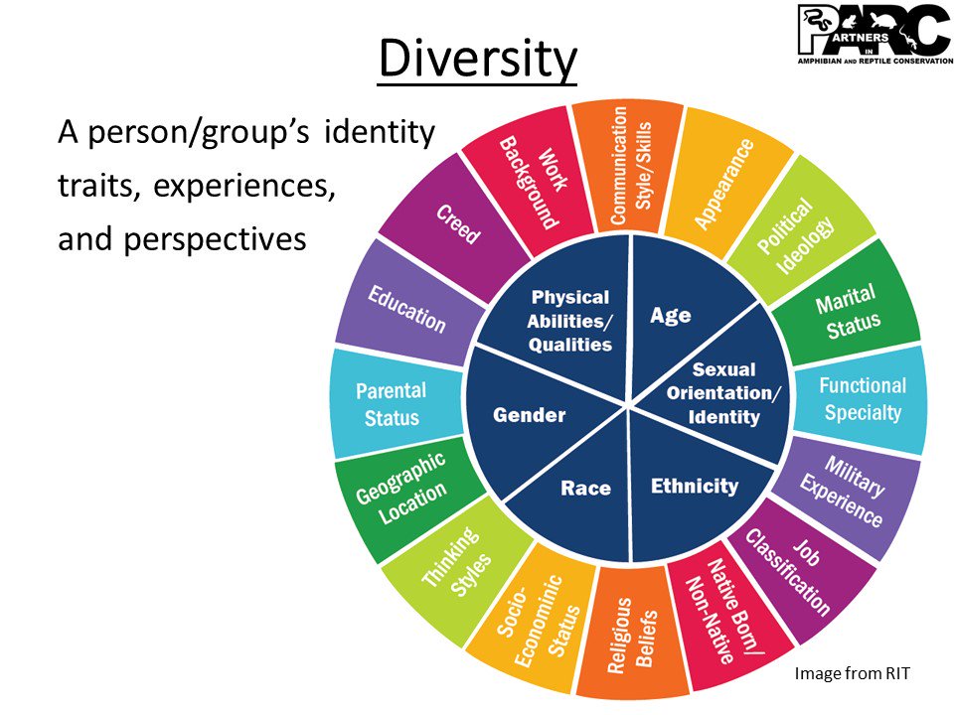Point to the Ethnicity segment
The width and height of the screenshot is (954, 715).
[x=694, y=485]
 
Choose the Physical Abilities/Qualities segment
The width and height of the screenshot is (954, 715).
[x=569, y=320]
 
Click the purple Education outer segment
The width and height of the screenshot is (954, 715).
[x=406, y=308]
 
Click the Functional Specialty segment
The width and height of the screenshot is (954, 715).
[x=863, y=398]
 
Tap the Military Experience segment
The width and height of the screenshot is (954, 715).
[x=843, y=490]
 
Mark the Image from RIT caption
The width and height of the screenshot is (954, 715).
[x=852, y=673]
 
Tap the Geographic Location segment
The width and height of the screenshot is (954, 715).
[x=401, y=491]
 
